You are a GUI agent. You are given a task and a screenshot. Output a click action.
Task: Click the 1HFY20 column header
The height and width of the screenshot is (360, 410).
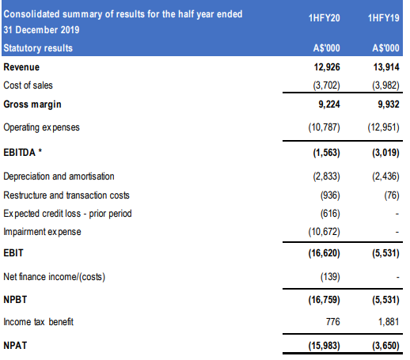pyautogui.click(x=325, y=18)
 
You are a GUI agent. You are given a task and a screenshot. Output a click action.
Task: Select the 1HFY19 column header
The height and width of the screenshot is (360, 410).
pyautogui.click(x=384, y=18)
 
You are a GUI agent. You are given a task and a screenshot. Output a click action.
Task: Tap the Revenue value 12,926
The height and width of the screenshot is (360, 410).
pyautogui.click(x=327, y=67)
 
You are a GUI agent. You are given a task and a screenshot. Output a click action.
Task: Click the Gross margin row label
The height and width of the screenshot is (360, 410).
pyautogui.click(x=32, y=104)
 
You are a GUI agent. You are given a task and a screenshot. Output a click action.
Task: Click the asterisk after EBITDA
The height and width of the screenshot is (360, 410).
pyautogui.click(x=40, y=151)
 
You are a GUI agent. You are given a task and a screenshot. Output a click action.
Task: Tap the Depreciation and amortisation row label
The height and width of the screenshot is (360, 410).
pyautogui.click(x=59, y=176)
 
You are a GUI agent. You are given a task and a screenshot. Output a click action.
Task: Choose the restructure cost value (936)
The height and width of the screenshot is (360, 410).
pyautogui.click(x=330, y=195)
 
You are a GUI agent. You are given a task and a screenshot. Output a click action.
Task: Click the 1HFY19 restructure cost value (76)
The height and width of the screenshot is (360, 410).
pyautogui.click(x=392, y=195)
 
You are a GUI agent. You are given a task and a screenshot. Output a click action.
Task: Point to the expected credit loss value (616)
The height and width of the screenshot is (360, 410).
pyautogui.click(x=330, y=214)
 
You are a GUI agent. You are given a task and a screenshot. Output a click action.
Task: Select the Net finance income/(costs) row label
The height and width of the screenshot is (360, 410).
pyautogui.click(x=55, y=277)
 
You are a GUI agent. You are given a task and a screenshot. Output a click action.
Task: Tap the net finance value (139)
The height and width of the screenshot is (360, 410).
pyautogui.click(x=330, y=277)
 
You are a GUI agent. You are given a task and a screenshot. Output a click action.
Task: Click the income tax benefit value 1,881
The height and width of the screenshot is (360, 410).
pyautogui.click(x=389, y=322)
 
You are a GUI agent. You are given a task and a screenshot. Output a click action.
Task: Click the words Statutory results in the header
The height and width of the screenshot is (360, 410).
pyautogui.click(x=38, y=48)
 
